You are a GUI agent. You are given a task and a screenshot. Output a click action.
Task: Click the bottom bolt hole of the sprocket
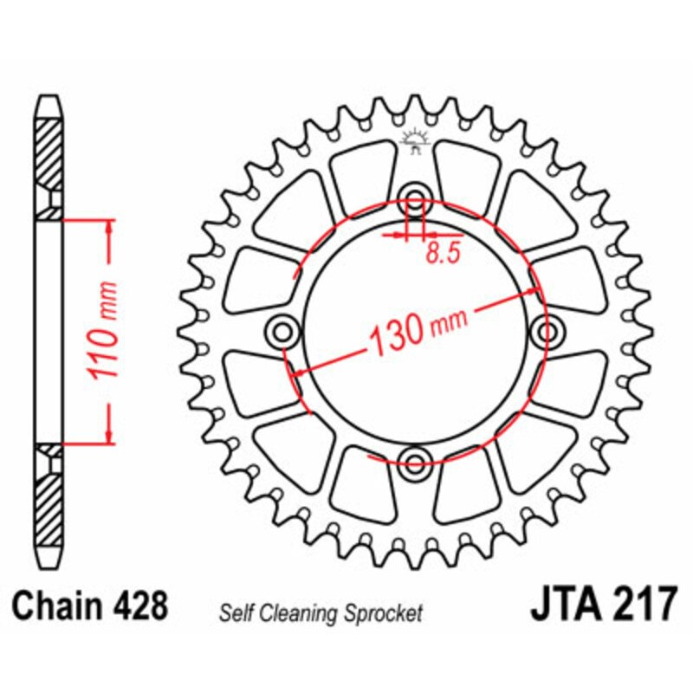(x=415, y=460)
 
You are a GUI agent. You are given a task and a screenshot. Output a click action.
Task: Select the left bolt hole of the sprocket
(x=282, y=329)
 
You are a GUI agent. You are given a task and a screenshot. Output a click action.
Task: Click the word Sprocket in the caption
(x=387, y=614)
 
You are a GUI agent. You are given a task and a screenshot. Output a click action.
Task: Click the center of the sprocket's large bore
(x=415, y=329)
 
